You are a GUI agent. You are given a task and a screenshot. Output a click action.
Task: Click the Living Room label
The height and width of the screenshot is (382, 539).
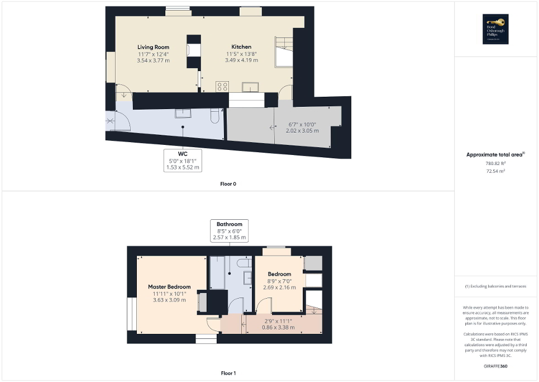pyautogui.click(x=153, y=47)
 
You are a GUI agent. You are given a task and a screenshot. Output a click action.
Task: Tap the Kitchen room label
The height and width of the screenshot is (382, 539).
pyautogui.click(x=241, y=47)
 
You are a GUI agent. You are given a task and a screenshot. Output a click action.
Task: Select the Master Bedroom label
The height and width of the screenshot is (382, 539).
pyautogui.click(x=169, y=287)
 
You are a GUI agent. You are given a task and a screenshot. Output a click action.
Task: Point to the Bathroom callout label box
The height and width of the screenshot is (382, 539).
pyautogui.click(x=230, y=230)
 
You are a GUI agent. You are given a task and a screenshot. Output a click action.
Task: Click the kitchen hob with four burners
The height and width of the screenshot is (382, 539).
pyautogui.click(x=222, y=86)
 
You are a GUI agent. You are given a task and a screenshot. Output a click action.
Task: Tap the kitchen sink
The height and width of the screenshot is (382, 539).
pyautogui.click(x=250, y=87)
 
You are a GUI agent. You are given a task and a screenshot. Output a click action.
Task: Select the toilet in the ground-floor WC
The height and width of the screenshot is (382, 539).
pyautogui.click(x=214, y=115)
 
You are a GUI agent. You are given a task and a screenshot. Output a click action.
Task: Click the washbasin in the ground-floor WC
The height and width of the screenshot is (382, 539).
pyautogui.click(x=183, y=114)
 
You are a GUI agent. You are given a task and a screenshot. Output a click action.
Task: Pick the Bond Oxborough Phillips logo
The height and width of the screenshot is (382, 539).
pyautogui.click(x=494, y=29)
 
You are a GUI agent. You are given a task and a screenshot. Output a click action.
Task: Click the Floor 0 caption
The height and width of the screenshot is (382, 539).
pyautogui.click(x=228, y=183)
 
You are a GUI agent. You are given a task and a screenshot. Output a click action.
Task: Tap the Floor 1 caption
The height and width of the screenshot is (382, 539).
pyautogui.click(x=228, y=372)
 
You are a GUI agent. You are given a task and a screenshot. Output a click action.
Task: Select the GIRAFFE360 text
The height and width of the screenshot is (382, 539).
pyautogui.click(x=495, y=366)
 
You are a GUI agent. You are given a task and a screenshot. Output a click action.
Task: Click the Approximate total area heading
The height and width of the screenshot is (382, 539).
pyautogui.click(x=495, y=154)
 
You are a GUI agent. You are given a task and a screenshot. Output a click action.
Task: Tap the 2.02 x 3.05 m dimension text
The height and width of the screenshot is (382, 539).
pyautogui.click(x=303, y=131)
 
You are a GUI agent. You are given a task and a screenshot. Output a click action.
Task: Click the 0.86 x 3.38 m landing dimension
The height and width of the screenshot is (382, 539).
pyautogui.click(x=278, y=328)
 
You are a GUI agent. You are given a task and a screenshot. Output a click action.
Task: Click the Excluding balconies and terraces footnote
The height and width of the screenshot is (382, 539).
pyautogui.click(x=495, y=286)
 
